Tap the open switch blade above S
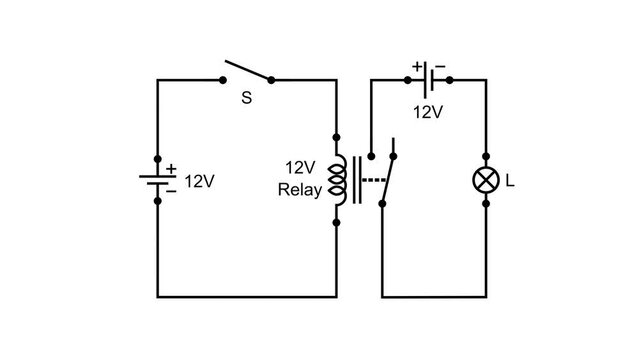(248, 71)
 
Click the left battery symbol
(158, 181)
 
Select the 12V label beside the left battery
(200, 182)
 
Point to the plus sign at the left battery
(171, 169)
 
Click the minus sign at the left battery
(171, 191)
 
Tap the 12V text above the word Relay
(301, 168)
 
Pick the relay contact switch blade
(388, 175)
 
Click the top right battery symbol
(428, 79)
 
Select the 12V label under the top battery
(427, 112)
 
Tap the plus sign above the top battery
(416, 66)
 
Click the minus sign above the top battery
(440, 66)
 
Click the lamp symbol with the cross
(485, 181)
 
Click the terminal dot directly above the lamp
(485, 159)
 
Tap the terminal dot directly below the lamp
(485, 203)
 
